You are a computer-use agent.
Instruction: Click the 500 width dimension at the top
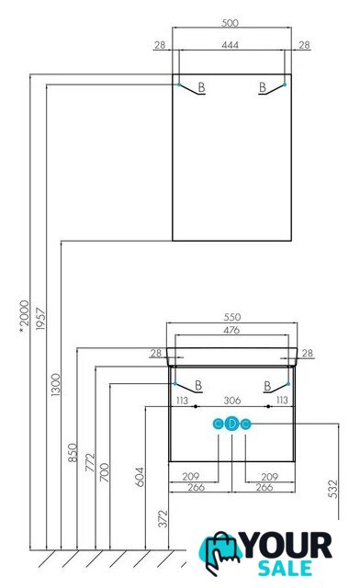tap(230, 23)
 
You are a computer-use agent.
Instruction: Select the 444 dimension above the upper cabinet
tap(230, 45)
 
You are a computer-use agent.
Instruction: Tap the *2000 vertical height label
tap(24, 316)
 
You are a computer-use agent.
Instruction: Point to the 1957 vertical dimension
tap(40, 319)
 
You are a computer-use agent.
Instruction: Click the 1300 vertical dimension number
tap(55, 384)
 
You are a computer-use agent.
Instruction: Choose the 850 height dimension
tap(73, 452)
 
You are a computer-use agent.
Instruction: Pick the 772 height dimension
tap(90, 462)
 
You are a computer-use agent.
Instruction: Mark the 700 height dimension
tap(105, 472)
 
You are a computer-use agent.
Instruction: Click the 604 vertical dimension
tap(140, 477)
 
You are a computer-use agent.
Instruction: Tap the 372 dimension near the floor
tap(163, 518)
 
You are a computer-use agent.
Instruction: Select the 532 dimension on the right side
tap(332, 489)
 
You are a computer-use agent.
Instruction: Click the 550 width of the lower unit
tap(232, 317)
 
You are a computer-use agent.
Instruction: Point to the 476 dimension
tap(231, 330)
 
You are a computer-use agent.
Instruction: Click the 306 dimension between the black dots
tap(232, 401)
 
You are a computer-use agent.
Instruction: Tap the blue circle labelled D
tap(232, 424)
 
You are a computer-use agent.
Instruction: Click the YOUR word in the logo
tap(287, 545)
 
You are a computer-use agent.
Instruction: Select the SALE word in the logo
tap(285, 568)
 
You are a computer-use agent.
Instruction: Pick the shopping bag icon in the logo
tap(220, 552)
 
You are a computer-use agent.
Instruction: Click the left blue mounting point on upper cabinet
tap(179, 85)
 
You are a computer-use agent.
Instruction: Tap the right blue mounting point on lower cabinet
tap(288, 384)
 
